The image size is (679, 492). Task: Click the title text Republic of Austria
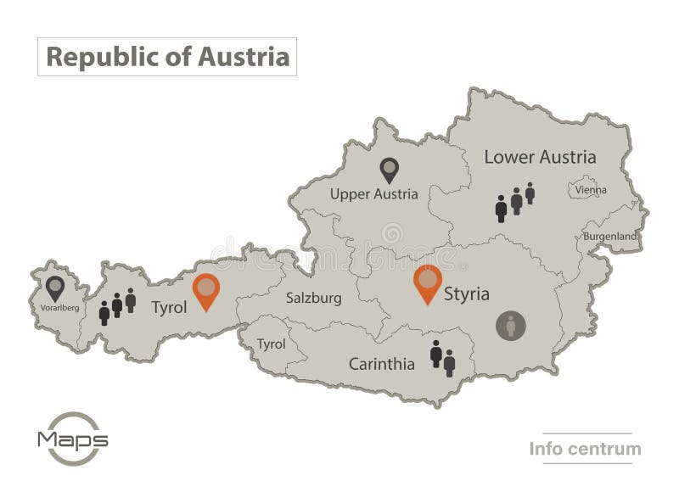(167, 57)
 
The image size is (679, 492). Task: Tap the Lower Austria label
(540, 157)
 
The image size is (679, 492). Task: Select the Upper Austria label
(373, 194)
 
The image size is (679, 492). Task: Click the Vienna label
(591, 190)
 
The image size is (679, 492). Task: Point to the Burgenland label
(609, 236)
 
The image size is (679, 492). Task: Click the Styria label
(466, 294)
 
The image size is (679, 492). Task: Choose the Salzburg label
(313, 299)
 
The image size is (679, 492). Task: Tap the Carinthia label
(381, 365)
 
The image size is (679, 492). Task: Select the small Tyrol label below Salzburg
(271, 344)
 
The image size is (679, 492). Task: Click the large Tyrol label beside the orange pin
(168, 307)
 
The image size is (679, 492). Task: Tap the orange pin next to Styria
(428, 283)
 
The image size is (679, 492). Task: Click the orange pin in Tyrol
(205, 291)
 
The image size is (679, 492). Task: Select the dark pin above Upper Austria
(389, 170)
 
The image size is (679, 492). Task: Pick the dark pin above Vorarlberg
(55, 288)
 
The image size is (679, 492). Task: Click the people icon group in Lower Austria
(515, 202)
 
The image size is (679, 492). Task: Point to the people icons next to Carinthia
(442, 358)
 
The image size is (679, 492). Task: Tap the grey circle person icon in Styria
(510, 326)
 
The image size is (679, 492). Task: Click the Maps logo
(72, 439)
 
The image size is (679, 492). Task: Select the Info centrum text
(585, 449)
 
